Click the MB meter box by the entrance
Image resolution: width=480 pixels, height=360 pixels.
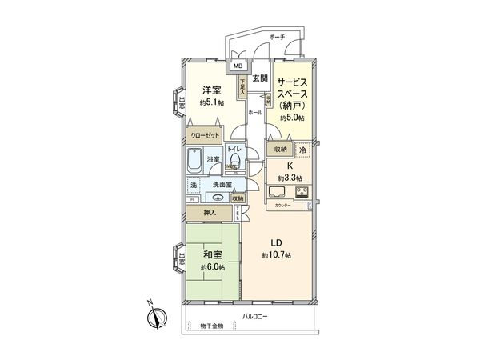(238, 67)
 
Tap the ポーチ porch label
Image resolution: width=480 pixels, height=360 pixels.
(277, 37)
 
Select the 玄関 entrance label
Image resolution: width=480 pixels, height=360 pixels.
(260, 78)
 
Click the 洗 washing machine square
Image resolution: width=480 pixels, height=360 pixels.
(193, 186)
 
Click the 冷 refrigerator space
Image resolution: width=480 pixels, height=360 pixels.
(302, 150)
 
